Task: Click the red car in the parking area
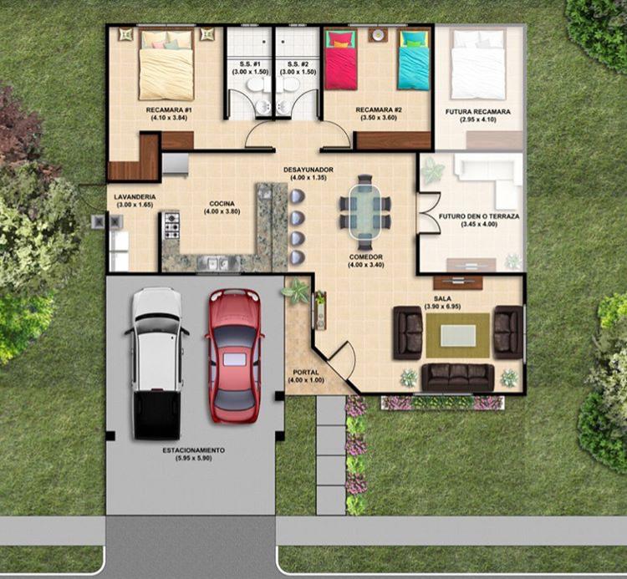(234, 356)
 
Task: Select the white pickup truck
(156, 363)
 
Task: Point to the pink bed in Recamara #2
(340, 60)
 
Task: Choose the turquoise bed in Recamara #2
(414, 60)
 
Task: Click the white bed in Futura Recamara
(478, 64)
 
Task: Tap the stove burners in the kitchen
(172, 226)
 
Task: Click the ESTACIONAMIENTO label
(193, 450)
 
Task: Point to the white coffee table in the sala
(458, 335)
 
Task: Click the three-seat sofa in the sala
(458, 377)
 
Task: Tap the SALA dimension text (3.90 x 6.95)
(442, 307)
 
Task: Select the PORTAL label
(306, 373)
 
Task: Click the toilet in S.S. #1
(254, 85)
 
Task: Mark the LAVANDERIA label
(135, 197)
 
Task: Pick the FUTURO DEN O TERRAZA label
(479, 216)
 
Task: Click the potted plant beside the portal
(296, 291)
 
